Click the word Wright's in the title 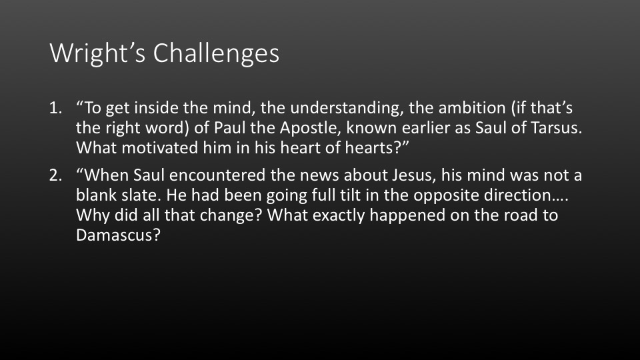pyautogui.click(x=97, y=53)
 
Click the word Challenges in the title pyautogui.click(x=216, y=53)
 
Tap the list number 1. pyautogui.click(x=55, y=108)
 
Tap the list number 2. pyautogui.click(x=55, y=175)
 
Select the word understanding pyautogui.click(x=347, y=108)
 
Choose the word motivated pyautogui.click(x=159, y=148)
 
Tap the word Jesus pyautogui.click(x=414, y=175)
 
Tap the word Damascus pyautogui.click(x=118, y=235)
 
